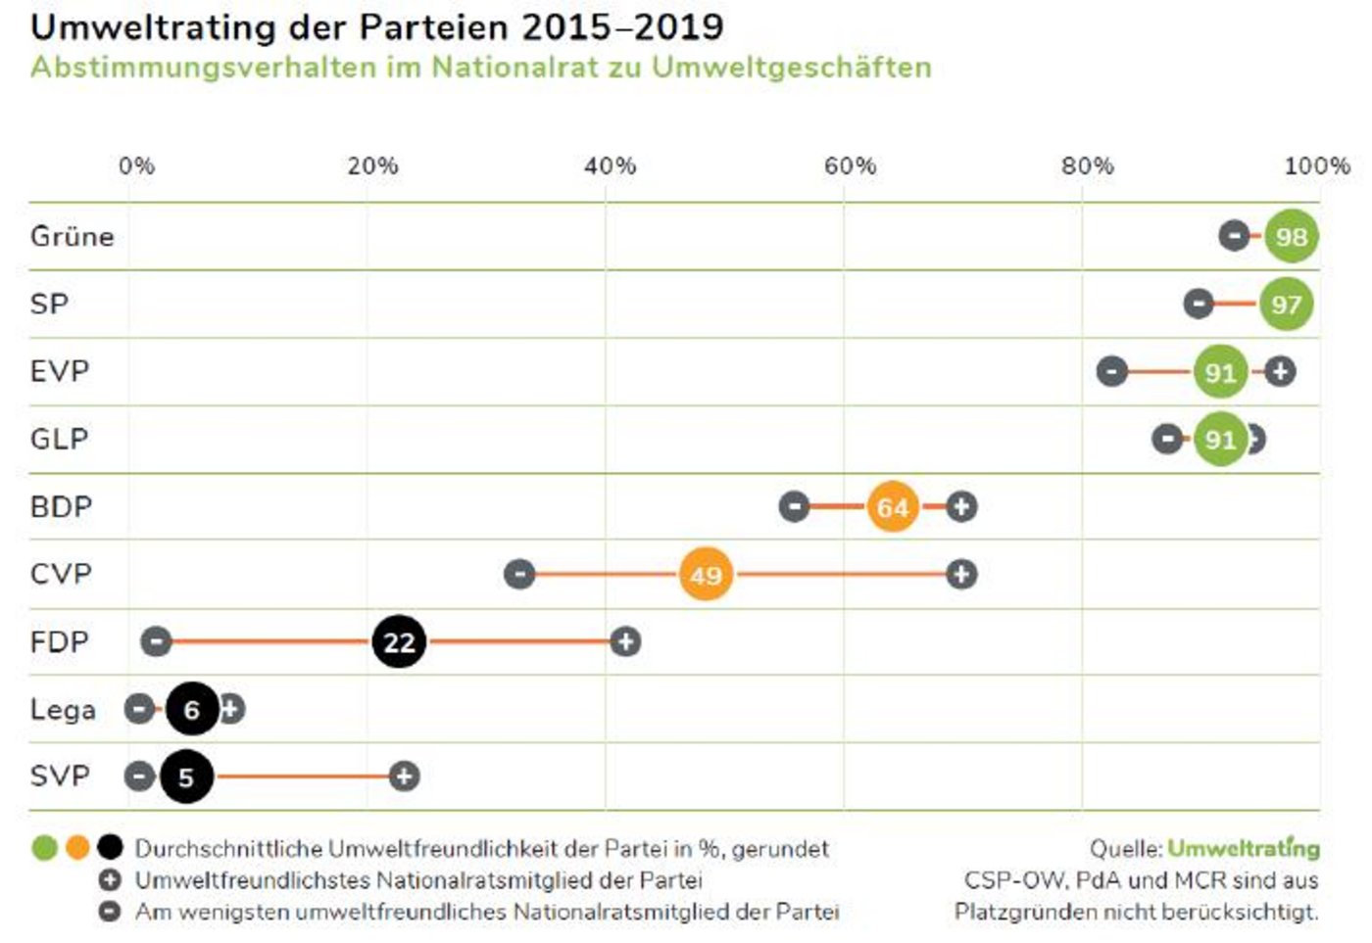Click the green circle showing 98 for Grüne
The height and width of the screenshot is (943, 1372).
click(1291, 236)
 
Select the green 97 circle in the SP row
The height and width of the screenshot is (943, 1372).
click(1286, 304)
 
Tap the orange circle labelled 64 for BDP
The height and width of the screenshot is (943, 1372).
click(892, 506)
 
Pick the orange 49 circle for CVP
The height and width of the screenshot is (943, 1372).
click(706, 574)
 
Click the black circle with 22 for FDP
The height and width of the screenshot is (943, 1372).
click(399, 642)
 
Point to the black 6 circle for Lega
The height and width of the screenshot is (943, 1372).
click(192, 709)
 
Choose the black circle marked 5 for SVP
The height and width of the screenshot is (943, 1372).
click(186, 777)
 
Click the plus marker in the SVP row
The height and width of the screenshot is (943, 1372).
click(404, 777)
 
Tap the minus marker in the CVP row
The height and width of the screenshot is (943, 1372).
click(519, 574)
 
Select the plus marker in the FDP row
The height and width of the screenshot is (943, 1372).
click(625, 642)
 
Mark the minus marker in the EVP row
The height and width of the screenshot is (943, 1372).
click(1111, 371)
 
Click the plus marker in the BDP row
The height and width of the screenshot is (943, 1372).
click(961, 506)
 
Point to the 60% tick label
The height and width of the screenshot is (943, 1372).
click(849, 165)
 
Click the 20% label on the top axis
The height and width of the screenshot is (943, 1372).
click(372, 165)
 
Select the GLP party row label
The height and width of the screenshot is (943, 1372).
click(60, 439)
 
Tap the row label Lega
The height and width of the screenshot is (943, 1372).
click(63, 709)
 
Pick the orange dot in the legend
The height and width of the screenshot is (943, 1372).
click(77, 848)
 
